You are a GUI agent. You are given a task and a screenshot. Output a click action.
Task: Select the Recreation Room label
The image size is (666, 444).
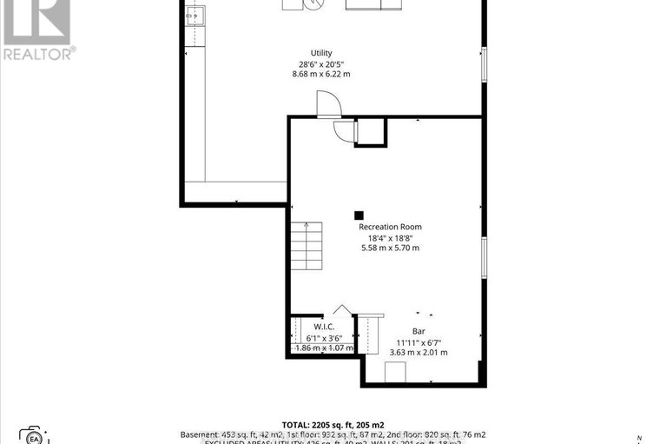tap(390, 227)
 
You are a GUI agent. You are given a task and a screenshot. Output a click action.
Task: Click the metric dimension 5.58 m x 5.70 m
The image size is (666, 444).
tap(390, 248)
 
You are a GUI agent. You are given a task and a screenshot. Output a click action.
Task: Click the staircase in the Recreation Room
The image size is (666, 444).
tap(307, 247)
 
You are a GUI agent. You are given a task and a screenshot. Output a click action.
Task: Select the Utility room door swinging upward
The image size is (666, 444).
tap(329, 105)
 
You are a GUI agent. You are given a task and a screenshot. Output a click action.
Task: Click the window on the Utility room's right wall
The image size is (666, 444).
tap(484, 65)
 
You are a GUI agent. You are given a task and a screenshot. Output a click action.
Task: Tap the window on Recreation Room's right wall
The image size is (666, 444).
tap(484, 256)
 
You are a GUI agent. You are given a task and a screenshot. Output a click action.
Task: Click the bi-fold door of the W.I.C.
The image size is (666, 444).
tap(342, 310)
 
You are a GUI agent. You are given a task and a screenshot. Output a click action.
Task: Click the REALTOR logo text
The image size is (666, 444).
tap(39, 54)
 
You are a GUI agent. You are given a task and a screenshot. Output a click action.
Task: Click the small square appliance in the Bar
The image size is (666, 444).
tap(394, 372)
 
